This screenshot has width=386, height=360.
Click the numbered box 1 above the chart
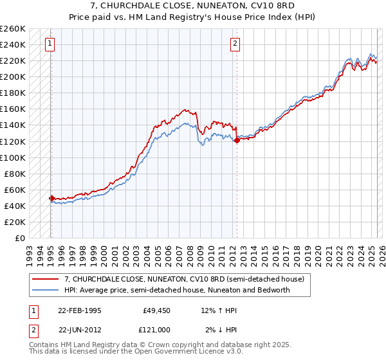[x=50, y=44]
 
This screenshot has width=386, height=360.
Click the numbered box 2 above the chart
[x=235, y=44]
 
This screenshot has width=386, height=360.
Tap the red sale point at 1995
[x=51, y=198]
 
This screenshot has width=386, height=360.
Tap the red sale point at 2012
[x=237, y=140]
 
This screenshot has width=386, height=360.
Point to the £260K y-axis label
[x=13, y=29]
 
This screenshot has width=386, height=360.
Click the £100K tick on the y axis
[x=13, y=157]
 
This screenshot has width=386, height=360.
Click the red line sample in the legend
[x=46, y=279]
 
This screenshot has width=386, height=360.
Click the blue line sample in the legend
[x=46, y=290]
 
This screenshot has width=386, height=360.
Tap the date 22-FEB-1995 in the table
[x=80, y=310]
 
